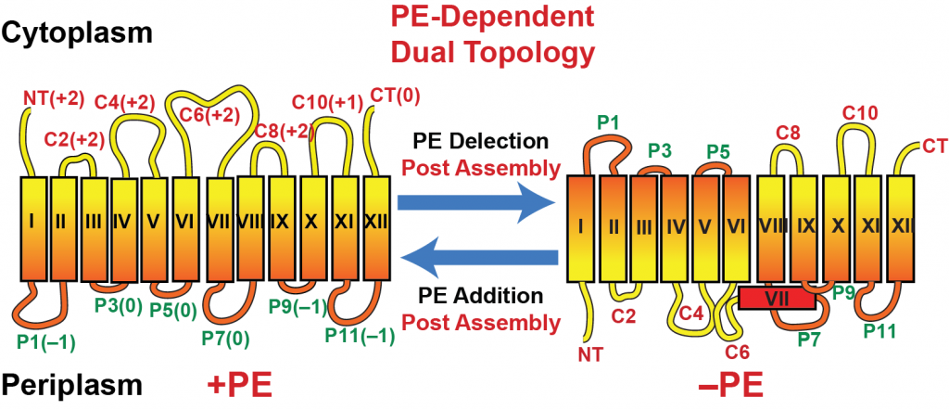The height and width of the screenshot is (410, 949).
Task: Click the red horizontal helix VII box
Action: point(778,298)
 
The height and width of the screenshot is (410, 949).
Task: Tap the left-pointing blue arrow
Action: point(477,260)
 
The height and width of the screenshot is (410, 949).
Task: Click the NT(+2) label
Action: point(54,98)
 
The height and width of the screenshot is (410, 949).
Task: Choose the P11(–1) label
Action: point(359,334)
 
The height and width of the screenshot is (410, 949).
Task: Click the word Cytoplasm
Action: point(76,34)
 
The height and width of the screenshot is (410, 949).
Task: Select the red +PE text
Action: point(238,385)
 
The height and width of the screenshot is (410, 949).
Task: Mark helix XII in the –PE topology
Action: point(900,228)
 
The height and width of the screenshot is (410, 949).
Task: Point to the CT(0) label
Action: point(394,96)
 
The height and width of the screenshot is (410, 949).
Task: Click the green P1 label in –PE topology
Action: point(610,123)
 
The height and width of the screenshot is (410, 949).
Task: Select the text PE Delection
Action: point(477,142)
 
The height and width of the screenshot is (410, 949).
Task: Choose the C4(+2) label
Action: point(125,101)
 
